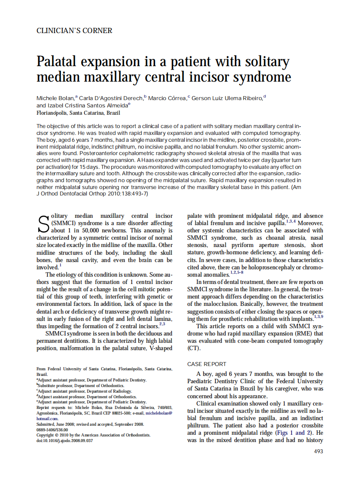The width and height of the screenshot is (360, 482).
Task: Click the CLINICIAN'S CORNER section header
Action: click(74, 31)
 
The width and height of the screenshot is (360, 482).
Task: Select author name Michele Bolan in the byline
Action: click(55, 98)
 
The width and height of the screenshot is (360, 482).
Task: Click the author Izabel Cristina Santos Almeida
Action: click(88, 105)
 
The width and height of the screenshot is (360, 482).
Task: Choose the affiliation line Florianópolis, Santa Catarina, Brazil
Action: click(78, 113)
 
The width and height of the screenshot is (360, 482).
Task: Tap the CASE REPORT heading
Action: click(207, 364)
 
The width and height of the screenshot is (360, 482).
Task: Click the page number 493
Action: click(318, 451)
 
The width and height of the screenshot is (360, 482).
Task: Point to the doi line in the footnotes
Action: click(64, 440)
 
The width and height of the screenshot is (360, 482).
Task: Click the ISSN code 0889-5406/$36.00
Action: click(52, 429)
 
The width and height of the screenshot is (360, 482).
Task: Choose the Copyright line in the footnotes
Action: click(93, 435)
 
